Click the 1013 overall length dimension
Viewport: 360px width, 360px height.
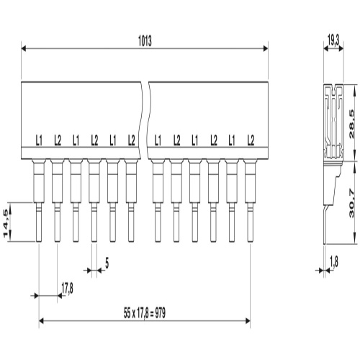[145, 41]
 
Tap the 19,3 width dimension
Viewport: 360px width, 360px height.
[333, 40]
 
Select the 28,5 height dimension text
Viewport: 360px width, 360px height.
[351, 124]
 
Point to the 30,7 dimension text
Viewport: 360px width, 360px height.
[351, 203]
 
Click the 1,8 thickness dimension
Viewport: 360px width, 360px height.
[334, 262]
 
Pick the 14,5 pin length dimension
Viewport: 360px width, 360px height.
[6, 223]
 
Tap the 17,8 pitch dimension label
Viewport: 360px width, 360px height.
[67, 289]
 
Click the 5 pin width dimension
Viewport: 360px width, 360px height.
[107, 264]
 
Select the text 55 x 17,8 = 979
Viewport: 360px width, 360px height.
[145, 313]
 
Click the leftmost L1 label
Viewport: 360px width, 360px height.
[39, 140]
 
